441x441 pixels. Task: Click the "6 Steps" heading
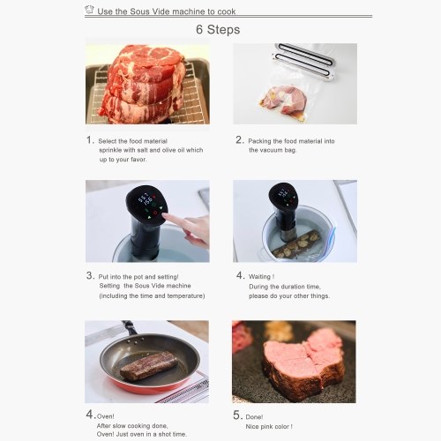tap(218, 30)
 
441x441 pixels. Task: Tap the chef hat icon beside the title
tap(89, 10)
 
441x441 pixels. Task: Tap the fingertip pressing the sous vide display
tap(165, 216)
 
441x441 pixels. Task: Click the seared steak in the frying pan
tap(149, 365)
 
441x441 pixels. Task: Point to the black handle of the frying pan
tap(130, 327)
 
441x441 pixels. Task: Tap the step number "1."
tap(91, 140)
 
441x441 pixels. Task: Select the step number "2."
tap(240, 140)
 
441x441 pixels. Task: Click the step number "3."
tap(91, 275)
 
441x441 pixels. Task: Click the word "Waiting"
tap(259, 277)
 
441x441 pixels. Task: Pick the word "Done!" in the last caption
tap(254, 417)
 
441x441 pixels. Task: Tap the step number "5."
tap(238, 415)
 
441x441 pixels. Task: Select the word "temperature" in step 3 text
tap(186, 295)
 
